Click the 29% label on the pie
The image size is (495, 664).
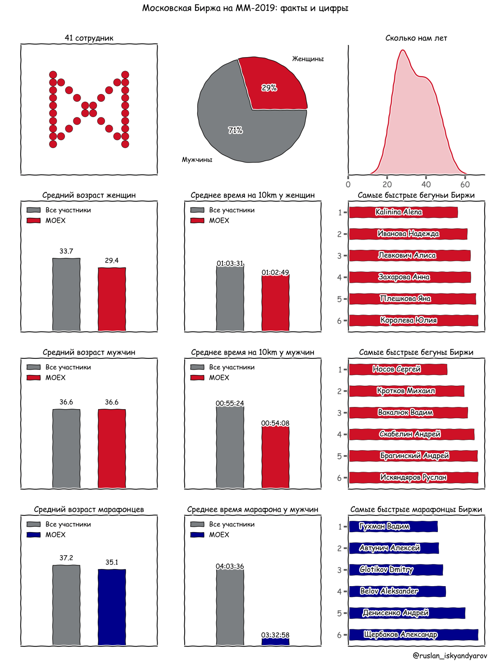(x=269, y=88)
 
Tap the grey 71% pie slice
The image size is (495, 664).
(x=243, y=131)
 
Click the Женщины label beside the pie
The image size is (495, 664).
(x=308, y=59)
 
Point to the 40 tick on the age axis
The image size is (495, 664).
(x=426, y=184)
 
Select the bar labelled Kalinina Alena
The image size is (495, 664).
(x=403, y=212)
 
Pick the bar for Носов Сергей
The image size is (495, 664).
(x=398, y=369)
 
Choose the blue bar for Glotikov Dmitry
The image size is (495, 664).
(x=396, y=570)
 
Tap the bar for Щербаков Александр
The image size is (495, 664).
(x=413, y=635)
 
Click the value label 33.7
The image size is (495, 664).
(x=66, y=251)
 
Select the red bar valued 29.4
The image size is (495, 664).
(x=112, y=299)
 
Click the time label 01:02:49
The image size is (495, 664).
(x=275, y=272)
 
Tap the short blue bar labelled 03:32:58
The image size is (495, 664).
(x=275, y=641)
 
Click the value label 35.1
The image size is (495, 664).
(x=112, y=562)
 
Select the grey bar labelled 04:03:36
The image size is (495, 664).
(x=230, y=608)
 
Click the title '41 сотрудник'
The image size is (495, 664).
(x=89, y=38)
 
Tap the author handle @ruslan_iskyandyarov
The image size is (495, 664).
(x=450, y=655)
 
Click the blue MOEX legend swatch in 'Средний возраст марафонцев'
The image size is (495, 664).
(x=34, y=535)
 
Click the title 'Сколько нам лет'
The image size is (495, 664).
(x=416, y=38)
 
